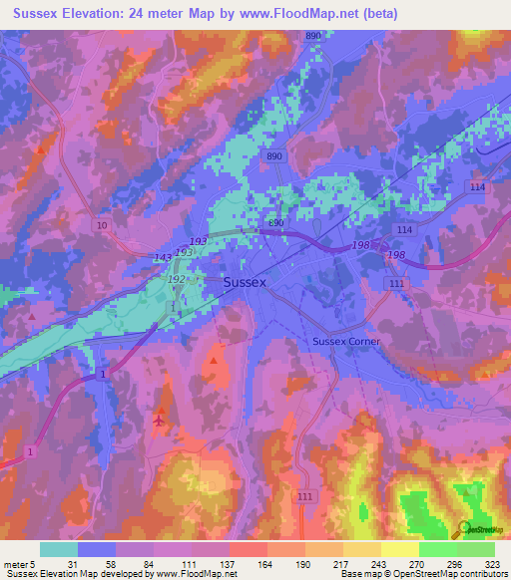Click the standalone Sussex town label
point(245,282)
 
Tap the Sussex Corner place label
point(346,341)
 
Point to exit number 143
point(164,257)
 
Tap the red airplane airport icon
point(160,419)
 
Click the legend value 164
point(263,563)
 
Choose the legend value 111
point(188,563)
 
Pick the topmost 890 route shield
point(313,36)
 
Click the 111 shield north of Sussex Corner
point(397,285)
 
